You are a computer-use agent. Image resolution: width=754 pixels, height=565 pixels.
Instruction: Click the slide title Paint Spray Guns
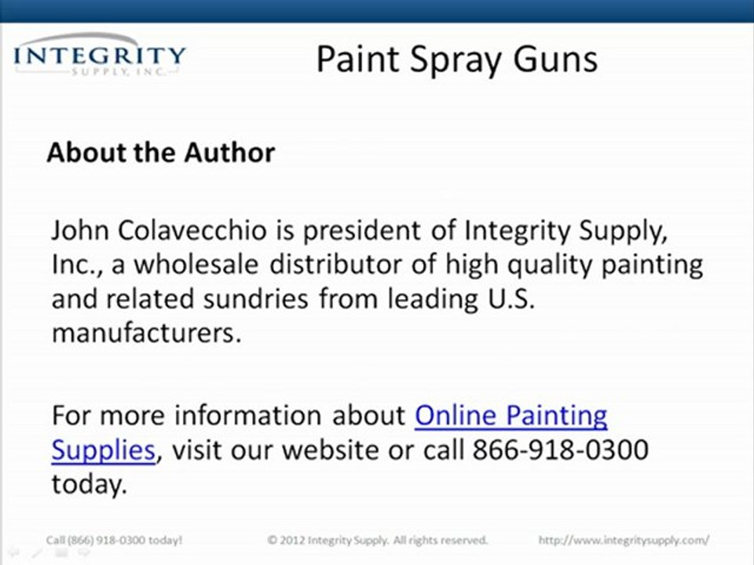[456, 59]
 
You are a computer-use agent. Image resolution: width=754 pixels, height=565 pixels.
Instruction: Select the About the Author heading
[161, 151]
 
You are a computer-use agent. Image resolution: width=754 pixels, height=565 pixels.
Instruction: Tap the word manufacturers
[146, 333]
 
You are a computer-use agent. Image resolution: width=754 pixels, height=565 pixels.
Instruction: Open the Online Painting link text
[511, 415]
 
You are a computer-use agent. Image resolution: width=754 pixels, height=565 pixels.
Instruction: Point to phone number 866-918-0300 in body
[560, 450]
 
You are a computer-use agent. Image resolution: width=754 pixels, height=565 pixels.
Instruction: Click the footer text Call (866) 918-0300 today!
[115, 540]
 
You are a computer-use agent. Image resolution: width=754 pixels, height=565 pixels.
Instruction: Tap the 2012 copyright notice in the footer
[377, 540]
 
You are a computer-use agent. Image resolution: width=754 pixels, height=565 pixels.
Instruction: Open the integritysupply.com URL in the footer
[624, 540]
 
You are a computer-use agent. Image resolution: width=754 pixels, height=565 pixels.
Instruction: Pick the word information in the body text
[251, 415]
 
